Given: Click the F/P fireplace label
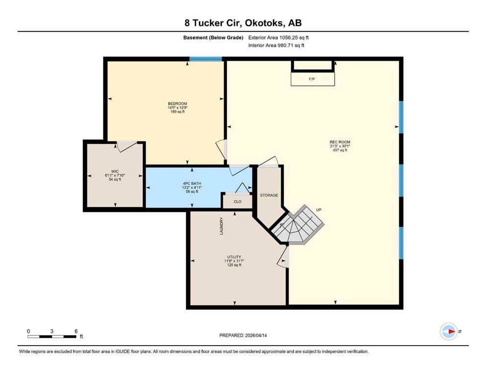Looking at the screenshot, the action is pyautogui.click(x=312, y=79).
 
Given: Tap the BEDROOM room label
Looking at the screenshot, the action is pyautogui.click(x=177, y=103).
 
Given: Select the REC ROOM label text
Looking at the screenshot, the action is pyautogui.click(x=340, y=142).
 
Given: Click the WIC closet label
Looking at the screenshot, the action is pyautogui.click(x=115, y=171).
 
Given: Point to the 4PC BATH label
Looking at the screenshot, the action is pyautogui.click(x=192, y=184).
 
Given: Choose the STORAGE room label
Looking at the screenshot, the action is pyautogui.click(x=269, y=195).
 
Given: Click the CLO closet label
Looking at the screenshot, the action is pyautogui.click(x=237, y=202).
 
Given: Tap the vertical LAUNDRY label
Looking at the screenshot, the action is pyautogui.click(x=222, y=226).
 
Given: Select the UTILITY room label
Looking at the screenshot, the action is pyautogui.click(x=234, y=257).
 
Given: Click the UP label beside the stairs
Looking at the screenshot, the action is pyautogui.click(x=319, y=210).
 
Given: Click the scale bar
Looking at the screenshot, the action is pyautogui.click(x=52, y=336).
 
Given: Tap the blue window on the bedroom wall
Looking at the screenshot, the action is pyautogui.click(x=206, y=59).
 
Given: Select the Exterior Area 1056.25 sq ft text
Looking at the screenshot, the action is pyautogui.click(x=278, y=38).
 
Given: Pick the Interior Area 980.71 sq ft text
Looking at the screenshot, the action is pyautogui.click(x=276, y=45).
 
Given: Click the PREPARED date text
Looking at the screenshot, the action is pyautogui.click(x=243, y=335).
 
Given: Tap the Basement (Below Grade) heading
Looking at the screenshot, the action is pyautogui.click(x=213, y=38).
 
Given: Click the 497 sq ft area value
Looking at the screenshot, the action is pyautogui.click(x=340, y=150).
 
